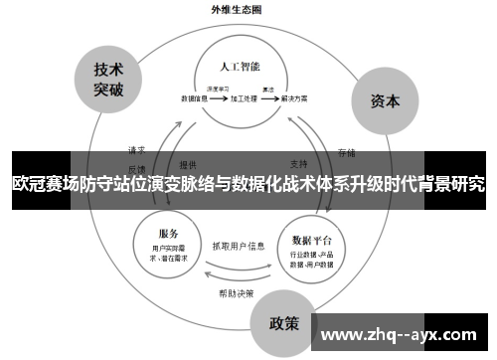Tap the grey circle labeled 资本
click(x=385, y=101)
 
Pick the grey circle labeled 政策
click(x=285, y=323)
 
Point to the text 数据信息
click(x=195, y=99)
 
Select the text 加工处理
click(x=244, y=99)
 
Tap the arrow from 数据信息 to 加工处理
click(x=219, y=99)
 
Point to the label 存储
click(x=346, y=152)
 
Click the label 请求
click(x=136, y=150)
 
